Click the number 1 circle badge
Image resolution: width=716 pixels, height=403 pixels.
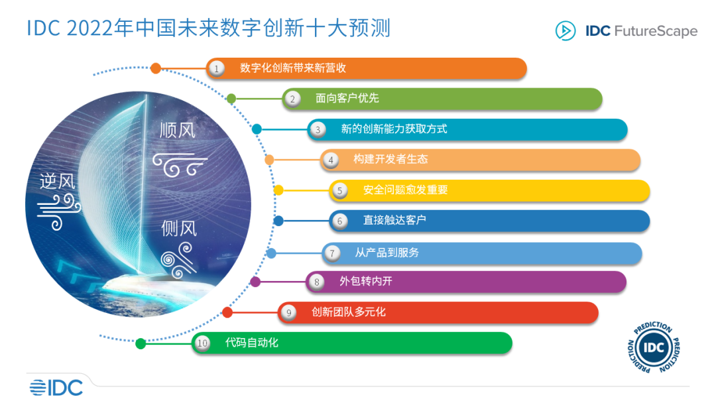click(215, 68)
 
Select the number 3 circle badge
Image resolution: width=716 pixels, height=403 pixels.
click(318, 129)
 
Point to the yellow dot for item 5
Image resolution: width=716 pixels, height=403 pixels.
click(278, 190)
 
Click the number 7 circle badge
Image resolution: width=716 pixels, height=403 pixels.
click(332, 253)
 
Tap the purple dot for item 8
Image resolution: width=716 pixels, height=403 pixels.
click(255, 282)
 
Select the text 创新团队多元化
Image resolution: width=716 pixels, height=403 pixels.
click(348, 312)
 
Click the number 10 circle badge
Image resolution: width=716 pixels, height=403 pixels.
click(202, 343)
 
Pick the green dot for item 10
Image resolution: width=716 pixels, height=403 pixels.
click(141, 343)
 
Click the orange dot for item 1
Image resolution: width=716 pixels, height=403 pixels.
click(156, 68)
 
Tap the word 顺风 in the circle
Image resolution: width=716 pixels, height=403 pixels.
click(178, 130)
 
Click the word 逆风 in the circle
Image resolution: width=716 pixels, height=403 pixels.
click(58, 180)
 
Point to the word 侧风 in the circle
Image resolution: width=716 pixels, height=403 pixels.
click(179, 229)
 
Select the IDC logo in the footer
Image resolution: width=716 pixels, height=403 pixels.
click(56, 387)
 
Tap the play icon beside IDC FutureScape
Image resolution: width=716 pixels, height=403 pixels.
click(566, 31)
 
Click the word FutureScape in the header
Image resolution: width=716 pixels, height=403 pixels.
click(656, 31)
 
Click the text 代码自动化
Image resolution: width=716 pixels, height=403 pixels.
click(252, 343)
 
